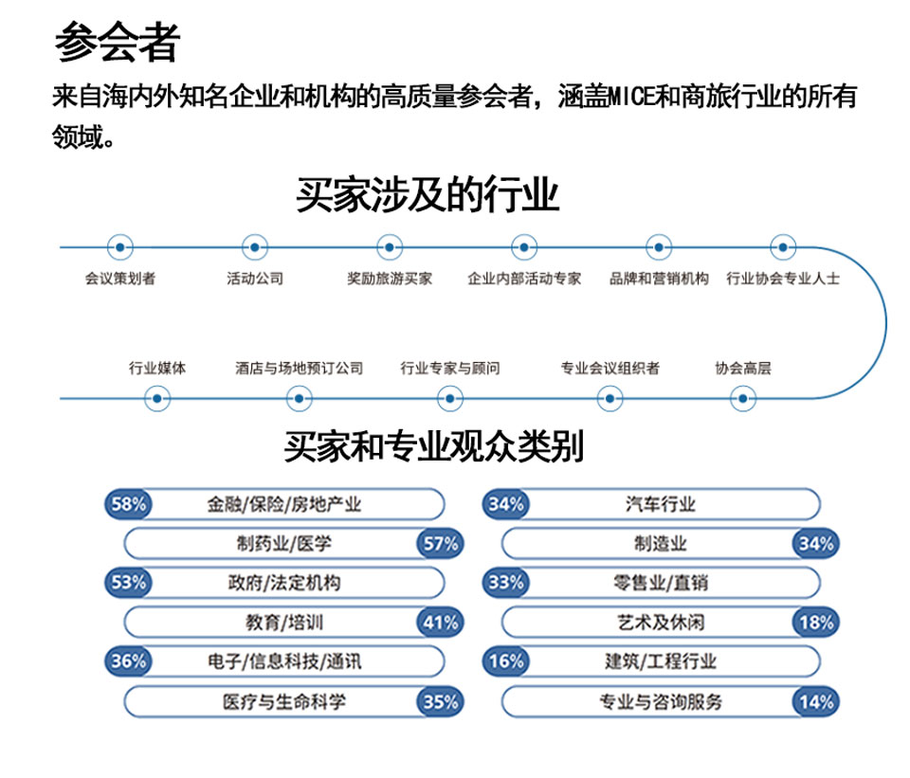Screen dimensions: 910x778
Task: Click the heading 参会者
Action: (118, 42)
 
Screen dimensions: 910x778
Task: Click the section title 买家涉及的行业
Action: (428, 195)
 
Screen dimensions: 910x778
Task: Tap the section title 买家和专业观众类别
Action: (433, 446)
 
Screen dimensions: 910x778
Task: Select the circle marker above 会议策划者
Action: (120, 247)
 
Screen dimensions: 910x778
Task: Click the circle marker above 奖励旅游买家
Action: (390, 247)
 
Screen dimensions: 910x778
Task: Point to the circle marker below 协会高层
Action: (743, 399)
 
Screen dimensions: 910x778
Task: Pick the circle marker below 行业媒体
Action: (156, 399)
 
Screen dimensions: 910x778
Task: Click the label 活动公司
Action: (255, 279)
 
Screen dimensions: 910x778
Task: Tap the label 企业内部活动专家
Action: (524, 279)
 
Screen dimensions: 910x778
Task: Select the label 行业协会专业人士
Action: (783, 279)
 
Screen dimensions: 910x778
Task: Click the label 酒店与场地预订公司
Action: (299, 368)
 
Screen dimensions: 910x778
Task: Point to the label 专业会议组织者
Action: (610, 368)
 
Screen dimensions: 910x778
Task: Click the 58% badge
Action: (128, 503)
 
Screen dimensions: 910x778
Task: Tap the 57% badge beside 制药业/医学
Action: (441, 544)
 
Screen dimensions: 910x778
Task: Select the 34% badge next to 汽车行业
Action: (506, 503)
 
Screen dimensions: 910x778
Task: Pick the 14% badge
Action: (816, 702)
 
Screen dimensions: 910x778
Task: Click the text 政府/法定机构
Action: (284, 583)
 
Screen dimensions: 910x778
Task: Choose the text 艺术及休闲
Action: (661, 623)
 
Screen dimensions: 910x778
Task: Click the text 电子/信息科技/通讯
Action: (284, 661)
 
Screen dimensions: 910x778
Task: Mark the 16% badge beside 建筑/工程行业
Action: (506, 661)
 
